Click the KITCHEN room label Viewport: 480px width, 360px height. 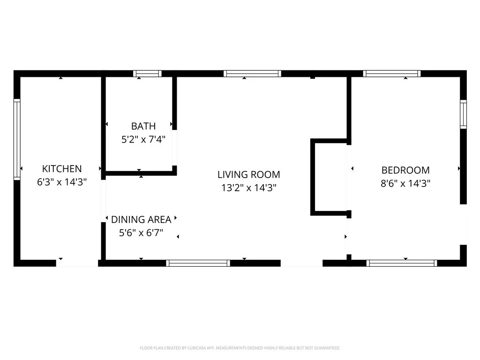tap(62, 169)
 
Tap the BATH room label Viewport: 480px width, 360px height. tap(143, 126)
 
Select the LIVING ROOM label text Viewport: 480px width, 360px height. tap(249, 174)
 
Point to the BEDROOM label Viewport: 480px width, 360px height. tap(405, 170)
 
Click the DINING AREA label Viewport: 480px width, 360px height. tap(141, 219)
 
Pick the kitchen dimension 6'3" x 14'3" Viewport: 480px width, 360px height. tap(62, 182)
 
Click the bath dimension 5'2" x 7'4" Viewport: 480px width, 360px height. tap(143, 140)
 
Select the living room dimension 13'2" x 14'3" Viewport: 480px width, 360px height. tap(249, 187)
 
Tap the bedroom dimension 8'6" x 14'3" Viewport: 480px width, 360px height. tap(405, 183)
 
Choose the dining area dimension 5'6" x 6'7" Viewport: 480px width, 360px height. tap(141, 233)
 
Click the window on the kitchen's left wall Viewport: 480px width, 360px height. tap(17, 139)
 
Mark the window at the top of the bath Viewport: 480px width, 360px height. tap(147, 74)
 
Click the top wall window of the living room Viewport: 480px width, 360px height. tap(252, 74)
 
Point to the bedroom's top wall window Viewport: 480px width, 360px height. tap(392, 74)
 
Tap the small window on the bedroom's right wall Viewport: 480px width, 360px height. tap(464, 114)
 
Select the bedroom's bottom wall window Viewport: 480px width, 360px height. tap(402, 263)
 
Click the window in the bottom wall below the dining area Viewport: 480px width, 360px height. tap(198, 263)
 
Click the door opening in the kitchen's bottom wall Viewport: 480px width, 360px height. tap(77, 263)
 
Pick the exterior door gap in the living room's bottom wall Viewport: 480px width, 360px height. tap(301, 263)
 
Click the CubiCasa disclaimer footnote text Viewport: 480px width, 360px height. tap(240, 348)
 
